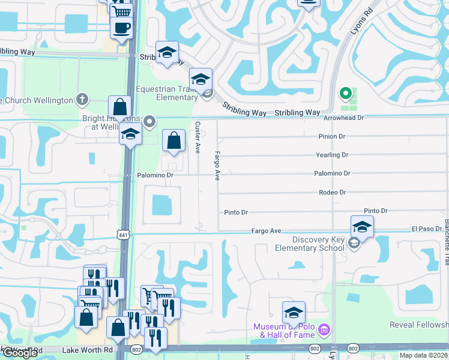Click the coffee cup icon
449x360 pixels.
121,28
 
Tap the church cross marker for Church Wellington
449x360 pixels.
82,100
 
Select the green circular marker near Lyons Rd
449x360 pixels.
345,94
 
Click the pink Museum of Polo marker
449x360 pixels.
324,329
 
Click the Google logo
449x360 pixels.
19,353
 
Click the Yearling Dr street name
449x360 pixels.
332,155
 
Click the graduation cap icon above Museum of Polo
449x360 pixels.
294,313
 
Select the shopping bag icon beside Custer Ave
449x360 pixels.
173,142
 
